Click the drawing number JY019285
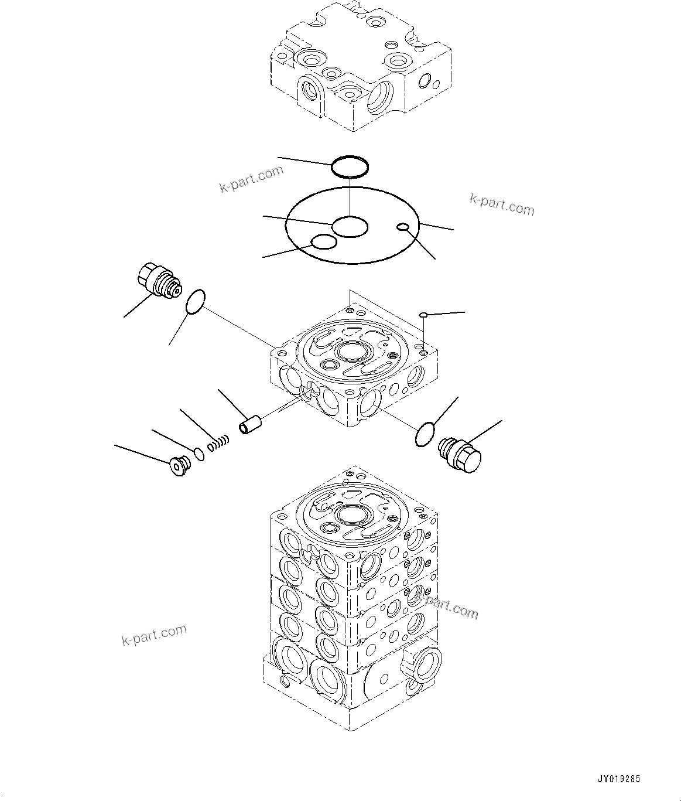619,779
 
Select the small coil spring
217,442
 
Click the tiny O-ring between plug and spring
199,454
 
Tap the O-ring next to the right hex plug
425,434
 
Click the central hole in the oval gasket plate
350,226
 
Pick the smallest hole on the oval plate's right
403,227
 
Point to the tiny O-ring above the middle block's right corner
423,315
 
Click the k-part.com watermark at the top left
251,179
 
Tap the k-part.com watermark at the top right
502,204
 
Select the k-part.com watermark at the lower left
155,635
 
